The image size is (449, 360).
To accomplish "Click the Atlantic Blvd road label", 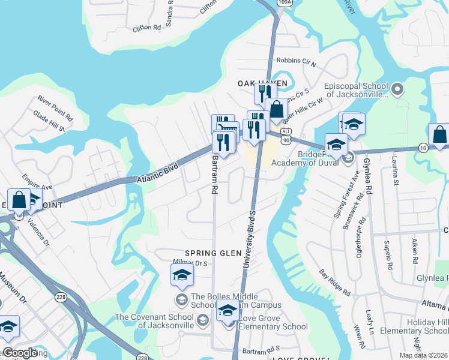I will (x=158, y=173).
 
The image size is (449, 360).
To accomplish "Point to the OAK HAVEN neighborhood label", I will (x=263, y=83).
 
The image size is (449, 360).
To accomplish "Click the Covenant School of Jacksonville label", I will (x=155, y=321).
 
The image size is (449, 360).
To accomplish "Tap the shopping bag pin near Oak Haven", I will (x=276, y=110).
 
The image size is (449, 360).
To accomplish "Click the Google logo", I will (x=19, y=353).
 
